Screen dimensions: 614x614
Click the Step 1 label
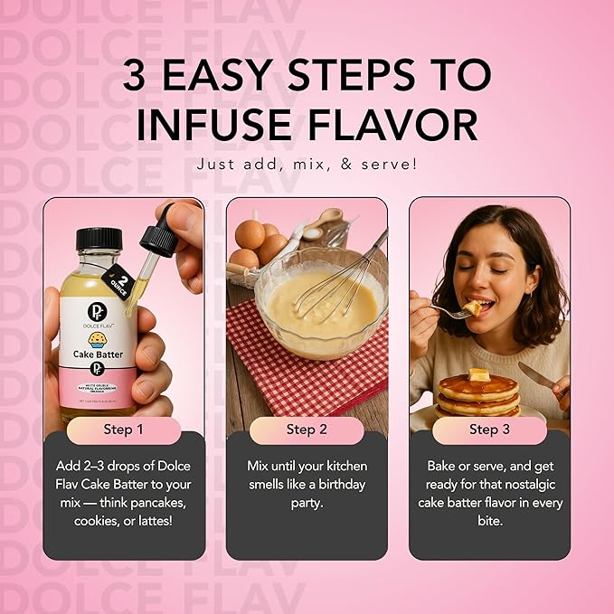click(124, 429)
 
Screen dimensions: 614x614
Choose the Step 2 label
click(307, 429)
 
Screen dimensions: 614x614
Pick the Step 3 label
click(489, 429)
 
